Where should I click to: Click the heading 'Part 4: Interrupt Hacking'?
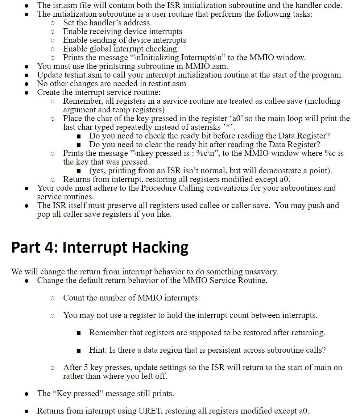[x=100, y=247]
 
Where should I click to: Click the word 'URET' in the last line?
[x=148, y=411]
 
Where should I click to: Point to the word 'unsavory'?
[x=260, y=271]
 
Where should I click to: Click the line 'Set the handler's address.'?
[x=107, y=23]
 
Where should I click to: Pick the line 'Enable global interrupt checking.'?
[x=121, y=49]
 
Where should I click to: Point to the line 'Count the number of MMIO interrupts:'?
[x=131, y=298]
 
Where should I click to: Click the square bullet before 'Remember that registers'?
[x=79, y=333]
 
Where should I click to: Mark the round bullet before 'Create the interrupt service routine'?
[x=26, y=93]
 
